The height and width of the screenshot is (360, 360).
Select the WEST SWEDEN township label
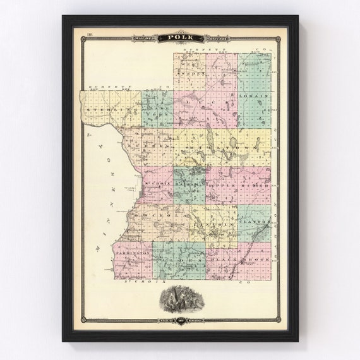[x=189, y=65]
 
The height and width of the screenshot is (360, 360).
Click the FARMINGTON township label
[x=133, y=252]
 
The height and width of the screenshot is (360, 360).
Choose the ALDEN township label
[x=179, y=260]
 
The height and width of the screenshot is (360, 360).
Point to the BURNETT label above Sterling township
[x=101, y=86]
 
